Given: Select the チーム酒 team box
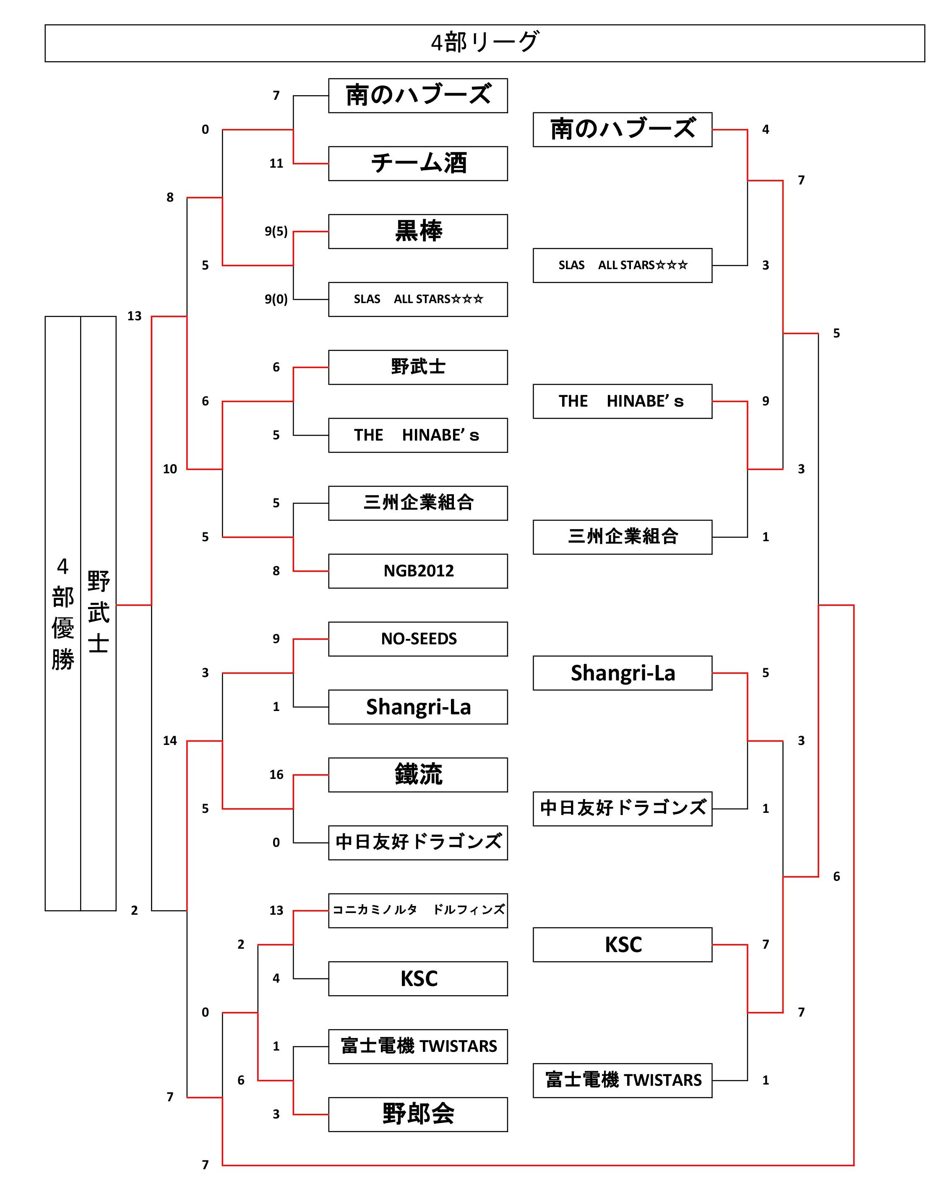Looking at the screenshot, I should [418, 163].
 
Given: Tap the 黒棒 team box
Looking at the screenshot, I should [418, 231].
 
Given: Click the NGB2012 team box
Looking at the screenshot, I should [418, 571].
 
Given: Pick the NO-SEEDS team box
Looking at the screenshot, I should [418, 638].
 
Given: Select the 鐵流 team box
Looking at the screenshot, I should [418, 774].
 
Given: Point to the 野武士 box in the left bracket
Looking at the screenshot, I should [418, 367].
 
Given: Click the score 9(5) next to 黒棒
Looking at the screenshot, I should [276, 231].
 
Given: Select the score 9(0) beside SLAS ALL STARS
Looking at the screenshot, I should [276, 299].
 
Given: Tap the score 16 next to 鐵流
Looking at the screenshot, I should [276, 774].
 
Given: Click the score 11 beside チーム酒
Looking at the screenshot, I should [276, 163].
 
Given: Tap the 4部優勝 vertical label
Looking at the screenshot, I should [63, 612].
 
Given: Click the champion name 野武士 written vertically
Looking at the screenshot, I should [98, 612].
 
